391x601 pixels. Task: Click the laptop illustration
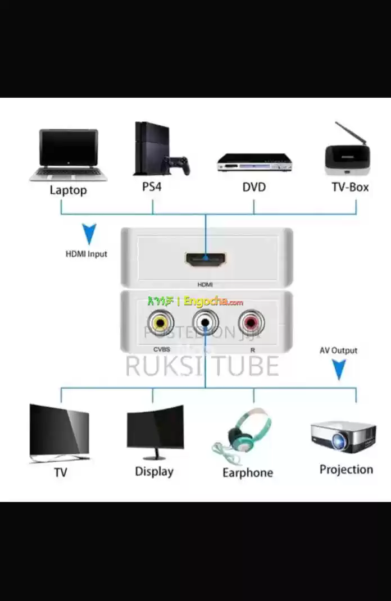pos(69,154)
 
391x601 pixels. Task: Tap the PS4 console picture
pos(158,149)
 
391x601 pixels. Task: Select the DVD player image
pos(254,162)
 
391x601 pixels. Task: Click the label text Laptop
pos(69,190)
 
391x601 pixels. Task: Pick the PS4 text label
pos(152,186)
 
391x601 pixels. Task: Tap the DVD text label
pos(254,187)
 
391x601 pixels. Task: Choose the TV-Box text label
pos(350,187)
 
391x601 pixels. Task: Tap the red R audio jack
pos(251,323)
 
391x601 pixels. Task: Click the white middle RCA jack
pos(206,323)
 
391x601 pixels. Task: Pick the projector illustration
pos(343,436)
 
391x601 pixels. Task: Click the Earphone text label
pos(248,472)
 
